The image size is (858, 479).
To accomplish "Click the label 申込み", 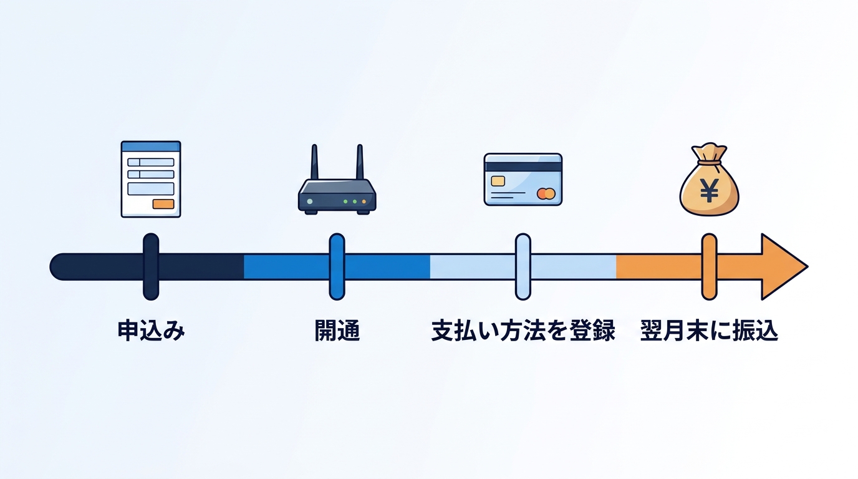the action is click(151, 331).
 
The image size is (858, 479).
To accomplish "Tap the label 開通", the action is click(337, 331).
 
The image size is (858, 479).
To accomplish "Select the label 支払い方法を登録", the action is click(523, 331).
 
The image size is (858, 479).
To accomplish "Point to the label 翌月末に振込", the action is click(709, 331).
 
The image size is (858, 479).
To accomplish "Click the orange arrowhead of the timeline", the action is click(781, 267).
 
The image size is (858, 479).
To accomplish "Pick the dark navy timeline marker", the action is click(151, 267).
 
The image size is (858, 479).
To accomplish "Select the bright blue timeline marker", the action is click(337, 267).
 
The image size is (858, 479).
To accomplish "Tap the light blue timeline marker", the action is click(523, 267).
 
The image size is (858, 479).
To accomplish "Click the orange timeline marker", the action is click(709, 267).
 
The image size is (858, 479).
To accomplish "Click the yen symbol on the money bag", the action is click(709, 191).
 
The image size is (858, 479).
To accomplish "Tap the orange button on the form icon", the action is click(163, 204).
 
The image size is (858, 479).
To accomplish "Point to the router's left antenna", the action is click(314, 162).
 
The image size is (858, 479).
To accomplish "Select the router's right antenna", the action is click(360, 162).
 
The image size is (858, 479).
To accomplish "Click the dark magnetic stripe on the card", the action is click(523, 167).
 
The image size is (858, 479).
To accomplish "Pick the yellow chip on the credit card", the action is click(498, 181).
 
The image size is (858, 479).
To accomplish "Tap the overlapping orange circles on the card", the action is click(546, 194).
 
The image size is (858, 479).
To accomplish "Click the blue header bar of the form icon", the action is click(151, 146).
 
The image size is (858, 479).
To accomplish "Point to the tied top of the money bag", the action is click(709, 153).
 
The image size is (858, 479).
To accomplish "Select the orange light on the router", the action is click(364, 201).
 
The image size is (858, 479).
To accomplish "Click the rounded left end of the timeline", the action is click(57, 267).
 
